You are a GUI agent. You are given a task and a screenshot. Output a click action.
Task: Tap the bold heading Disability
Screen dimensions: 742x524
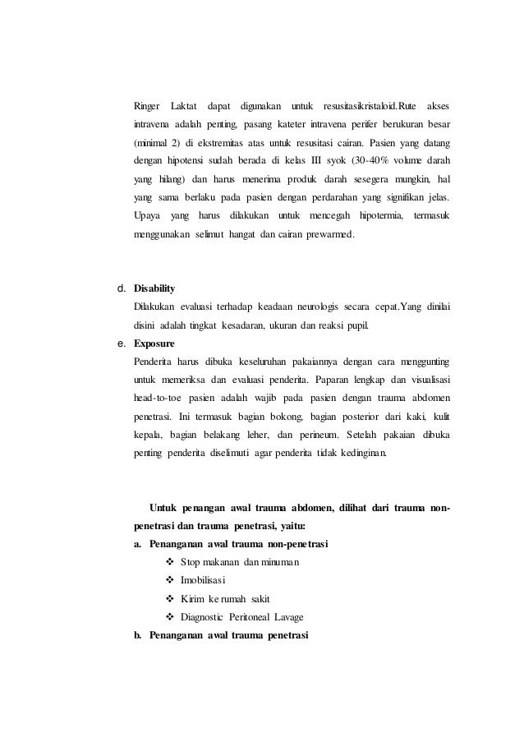point(154,289)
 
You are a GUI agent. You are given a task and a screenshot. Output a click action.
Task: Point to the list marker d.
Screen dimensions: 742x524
point(121,289)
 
